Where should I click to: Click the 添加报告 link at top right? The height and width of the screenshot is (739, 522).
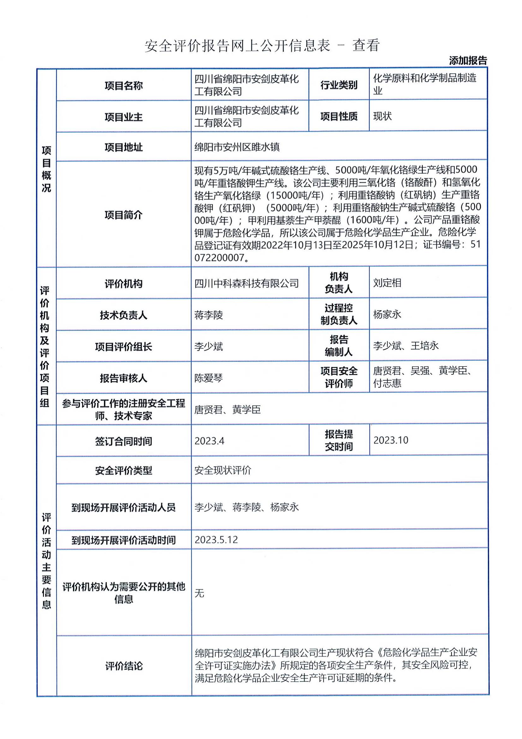(x=468, y=61)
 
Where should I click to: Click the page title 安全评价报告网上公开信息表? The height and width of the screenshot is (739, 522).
(x=237, y=46)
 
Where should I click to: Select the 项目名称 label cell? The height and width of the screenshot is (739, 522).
(x=123, y=86)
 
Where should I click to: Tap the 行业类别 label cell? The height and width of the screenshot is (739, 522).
(x=339, y=85)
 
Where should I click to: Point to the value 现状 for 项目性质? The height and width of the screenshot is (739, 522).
(x=382, y=116)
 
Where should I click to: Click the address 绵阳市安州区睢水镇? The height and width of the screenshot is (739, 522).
(x=237, y=147)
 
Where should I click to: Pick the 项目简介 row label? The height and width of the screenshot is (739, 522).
(x=123, y=215)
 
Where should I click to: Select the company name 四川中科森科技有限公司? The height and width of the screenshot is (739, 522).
(x=247, y=283)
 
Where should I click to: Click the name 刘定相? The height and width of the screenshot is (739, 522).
(x=387, y=283)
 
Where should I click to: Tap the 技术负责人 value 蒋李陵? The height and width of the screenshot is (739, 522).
(x=208, y=315)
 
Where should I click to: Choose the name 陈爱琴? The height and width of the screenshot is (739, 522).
(x=208, y=378)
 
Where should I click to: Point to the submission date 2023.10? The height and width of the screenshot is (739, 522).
(x=390, y=440)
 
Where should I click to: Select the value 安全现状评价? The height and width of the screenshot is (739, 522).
(x=223, y=470)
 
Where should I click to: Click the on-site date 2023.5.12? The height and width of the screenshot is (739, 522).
(x=216, y=540)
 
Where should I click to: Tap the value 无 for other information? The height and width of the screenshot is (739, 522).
(x=199, y=593)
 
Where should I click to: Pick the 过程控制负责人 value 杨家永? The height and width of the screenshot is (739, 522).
(x=387, y=314)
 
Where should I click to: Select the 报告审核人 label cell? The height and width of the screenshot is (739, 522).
(x=123, y=378)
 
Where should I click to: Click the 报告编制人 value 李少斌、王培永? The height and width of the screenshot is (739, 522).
(x=405, y=346)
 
